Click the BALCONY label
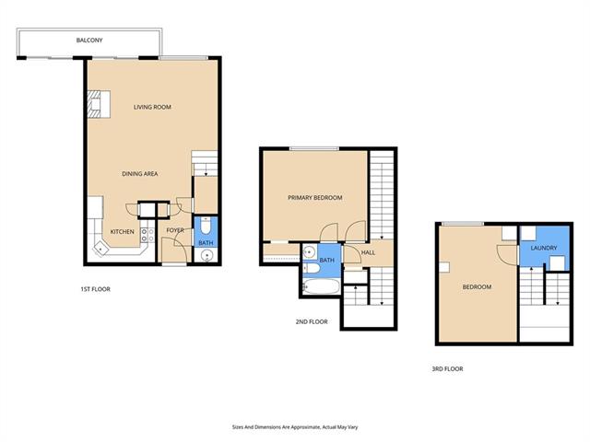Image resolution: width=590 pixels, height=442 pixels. click(89, 41)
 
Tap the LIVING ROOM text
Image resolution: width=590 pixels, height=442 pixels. click(152, 107)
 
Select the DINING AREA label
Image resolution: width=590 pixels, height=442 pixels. click(140, 174)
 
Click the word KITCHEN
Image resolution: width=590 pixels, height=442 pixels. click(123, 231)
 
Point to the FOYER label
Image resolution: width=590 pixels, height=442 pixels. click(175, 230)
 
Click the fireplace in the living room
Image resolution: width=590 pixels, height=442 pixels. click(99, 104)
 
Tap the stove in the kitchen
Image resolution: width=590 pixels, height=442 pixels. click(147, 236)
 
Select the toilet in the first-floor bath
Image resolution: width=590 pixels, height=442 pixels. click(206, 226)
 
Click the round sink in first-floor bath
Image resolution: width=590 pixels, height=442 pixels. click(206, 256)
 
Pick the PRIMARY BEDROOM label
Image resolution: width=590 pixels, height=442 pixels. click(315, 197)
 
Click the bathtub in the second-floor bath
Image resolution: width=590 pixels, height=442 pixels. click(322, 286)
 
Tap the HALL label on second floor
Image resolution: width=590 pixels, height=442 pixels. click(368, 252)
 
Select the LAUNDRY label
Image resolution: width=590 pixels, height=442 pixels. click(544, 248)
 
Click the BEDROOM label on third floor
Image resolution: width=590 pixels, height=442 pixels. click(477, 286)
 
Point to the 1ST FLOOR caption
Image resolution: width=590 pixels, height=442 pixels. click(95, 289)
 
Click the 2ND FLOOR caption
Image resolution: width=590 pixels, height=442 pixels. click(312, 321)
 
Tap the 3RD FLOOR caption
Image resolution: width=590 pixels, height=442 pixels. click(447, 369)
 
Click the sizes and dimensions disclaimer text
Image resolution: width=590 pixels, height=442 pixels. click(295, 427)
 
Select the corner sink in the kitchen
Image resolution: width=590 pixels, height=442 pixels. click(100, 249)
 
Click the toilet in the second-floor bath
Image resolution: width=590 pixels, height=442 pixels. click(312, 268)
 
